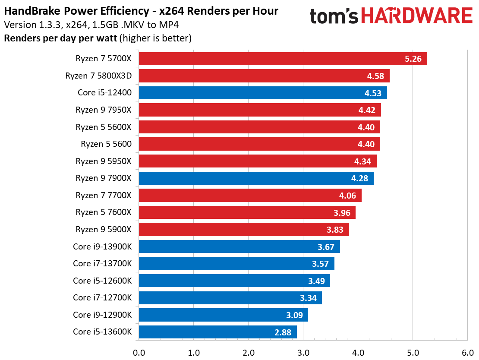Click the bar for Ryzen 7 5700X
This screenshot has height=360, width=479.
[283, 59]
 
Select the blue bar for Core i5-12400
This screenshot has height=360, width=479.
[262, 93]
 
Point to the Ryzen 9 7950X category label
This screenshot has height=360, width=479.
[103, 110]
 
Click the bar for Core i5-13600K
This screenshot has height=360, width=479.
[217, 332]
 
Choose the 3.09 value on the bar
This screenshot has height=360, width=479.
[294, 315]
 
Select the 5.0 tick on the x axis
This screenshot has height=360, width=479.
[413, 353]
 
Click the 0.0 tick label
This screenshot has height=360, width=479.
[139, 353]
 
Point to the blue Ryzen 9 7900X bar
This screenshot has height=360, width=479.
[256, 178]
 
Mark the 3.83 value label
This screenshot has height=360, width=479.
[335, 230]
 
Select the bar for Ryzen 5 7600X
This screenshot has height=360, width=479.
[247, 212]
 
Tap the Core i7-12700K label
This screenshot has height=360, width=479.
[102, 298]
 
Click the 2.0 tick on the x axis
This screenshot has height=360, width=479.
[248, 353]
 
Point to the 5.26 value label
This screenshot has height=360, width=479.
[413, 59]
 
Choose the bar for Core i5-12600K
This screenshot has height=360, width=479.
[234, 281]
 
